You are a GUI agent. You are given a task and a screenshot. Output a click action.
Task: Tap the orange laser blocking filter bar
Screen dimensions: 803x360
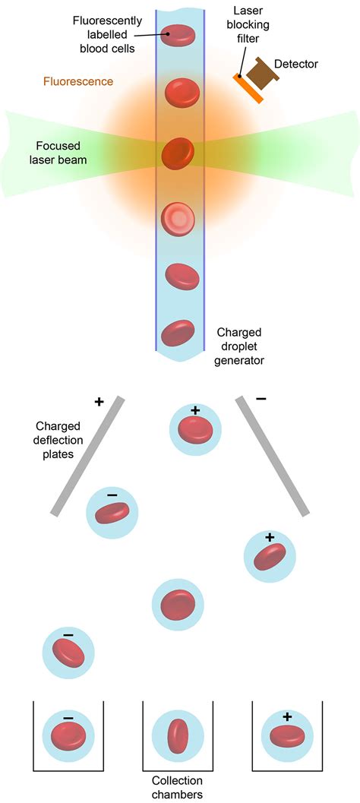(x=249, y=88)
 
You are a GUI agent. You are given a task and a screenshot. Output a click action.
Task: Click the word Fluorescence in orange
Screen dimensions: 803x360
(x=78, y=81)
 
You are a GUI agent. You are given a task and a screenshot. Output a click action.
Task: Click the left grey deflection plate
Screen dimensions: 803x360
(x=90, y=456)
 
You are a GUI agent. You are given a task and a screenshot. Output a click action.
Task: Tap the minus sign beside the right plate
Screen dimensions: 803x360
(x=262, y=398)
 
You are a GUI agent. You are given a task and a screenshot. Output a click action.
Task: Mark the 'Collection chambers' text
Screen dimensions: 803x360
(x=177, y=787)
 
